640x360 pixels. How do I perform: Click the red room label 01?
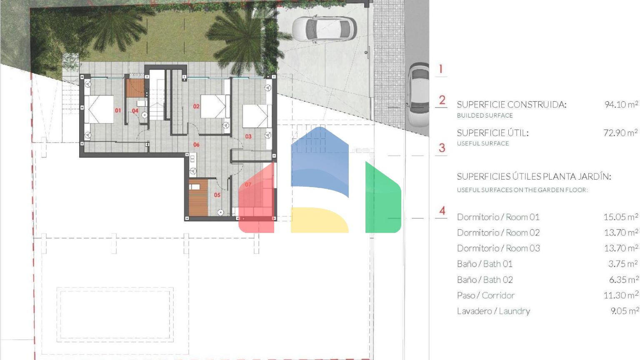coord(118,110)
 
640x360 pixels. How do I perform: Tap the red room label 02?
coord(196,106)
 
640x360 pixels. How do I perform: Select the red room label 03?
coord(248,137)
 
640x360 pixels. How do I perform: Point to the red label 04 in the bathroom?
coord(135,110)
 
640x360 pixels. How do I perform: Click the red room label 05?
coord(217,195)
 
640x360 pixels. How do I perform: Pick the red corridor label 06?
coord(196,145)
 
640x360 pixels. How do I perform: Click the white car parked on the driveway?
coord(324,29)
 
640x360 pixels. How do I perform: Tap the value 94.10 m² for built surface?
coord(621,104)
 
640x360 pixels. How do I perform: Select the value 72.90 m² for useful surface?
coord(620,132)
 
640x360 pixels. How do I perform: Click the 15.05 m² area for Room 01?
coord(620,217)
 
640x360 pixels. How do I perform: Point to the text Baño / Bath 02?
coord(485,280)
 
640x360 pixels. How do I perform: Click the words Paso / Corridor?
coord(486,295)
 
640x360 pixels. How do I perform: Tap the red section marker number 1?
coord(441,69)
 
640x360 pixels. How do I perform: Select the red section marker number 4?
coord(442,210)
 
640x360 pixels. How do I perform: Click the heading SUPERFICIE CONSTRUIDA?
coord(511,105)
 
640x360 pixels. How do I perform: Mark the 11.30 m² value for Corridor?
coord(620,295)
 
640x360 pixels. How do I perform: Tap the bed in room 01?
coord(99,110)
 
